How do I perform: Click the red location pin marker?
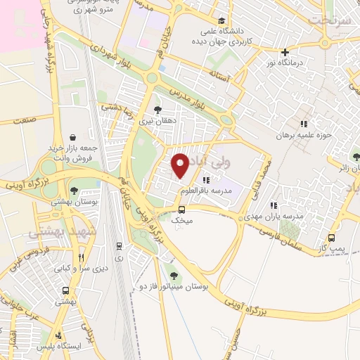point(181,165)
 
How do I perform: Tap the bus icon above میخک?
point(182,209)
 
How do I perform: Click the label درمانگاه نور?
point(285,64)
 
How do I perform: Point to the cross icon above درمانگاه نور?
point(285,52)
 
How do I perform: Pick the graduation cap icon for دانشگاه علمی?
point(223,20)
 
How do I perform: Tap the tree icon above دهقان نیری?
point(157,110)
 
